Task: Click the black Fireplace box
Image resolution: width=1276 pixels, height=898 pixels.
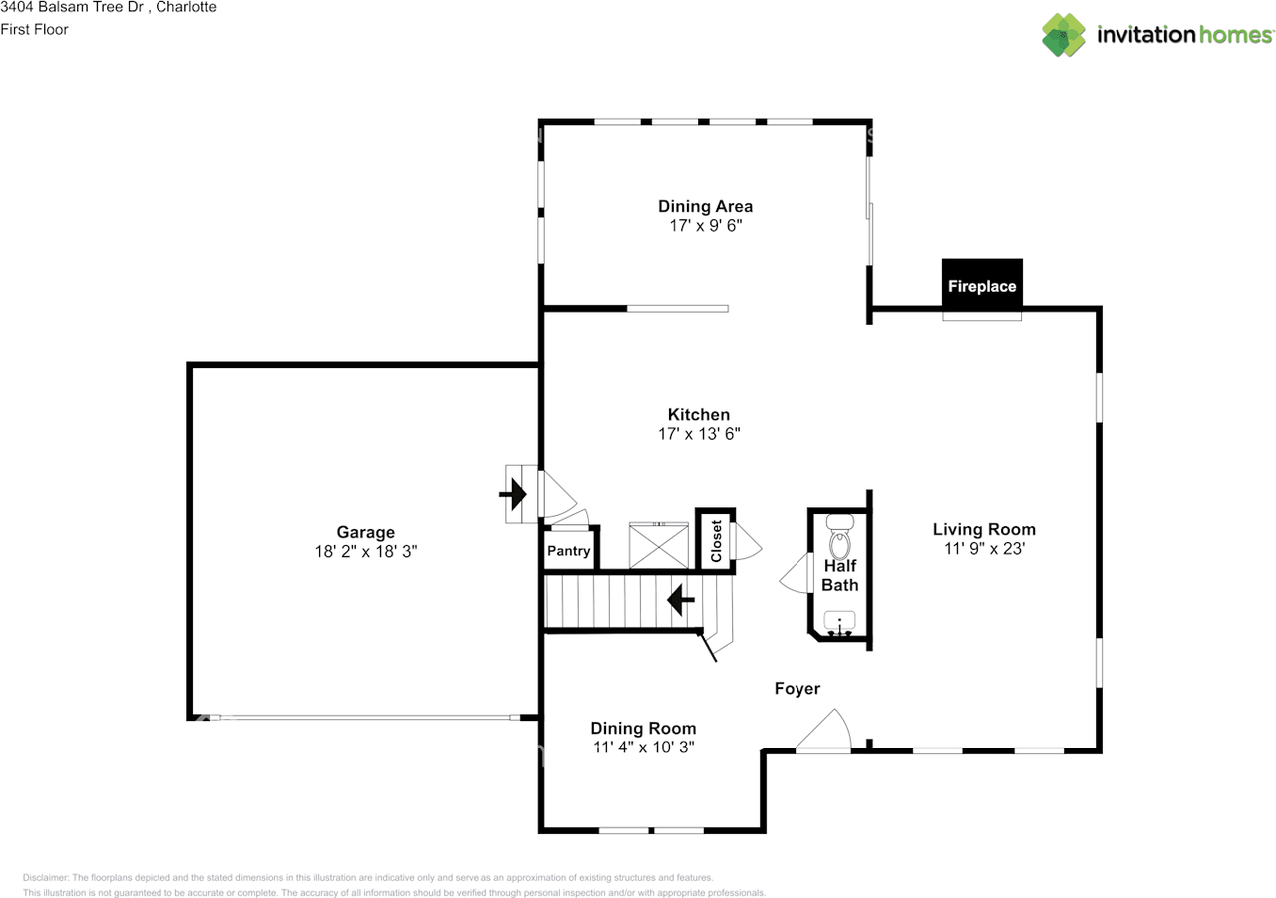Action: coord(982,285)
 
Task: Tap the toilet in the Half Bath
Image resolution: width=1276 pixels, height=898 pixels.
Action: coord(840,537)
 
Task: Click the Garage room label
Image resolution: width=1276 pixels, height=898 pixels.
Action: coord(366,532)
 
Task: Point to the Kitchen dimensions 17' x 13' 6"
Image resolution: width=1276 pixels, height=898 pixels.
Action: coord(699,434)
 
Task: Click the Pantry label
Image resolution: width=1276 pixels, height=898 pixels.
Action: coord(568,550)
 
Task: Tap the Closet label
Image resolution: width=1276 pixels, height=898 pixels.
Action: coord(716,541)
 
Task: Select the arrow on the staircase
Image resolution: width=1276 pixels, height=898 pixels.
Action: coord(681,600)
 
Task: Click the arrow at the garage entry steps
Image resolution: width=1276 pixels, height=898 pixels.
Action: coord(513,494)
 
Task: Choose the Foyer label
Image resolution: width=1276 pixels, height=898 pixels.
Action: coord(797,688)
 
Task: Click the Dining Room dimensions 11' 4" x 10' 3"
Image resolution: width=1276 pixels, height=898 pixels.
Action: coord(644,747)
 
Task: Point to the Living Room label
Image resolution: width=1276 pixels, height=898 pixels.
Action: coord(984,529)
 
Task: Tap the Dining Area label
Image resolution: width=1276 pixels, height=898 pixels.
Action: coord(705,206)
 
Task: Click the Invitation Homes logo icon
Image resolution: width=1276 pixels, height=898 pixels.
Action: coord(1064,35)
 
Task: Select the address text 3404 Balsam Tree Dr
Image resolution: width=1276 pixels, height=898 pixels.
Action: coord(72,7)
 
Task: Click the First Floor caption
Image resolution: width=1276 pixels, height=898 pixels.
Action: coord(34,29)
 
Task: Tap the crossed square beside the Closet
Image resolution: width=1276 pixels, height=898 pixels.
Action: coord(659,545)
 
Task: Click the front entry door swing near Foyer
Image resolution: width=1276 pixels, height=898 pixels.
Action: coord(823,730)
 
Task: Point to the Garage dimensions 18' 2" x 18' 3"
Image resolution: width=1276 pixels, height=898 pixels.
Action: coord(366,551)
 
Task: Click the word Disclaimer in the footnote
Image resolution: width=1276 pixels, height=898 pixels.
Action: coord(46,877)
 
